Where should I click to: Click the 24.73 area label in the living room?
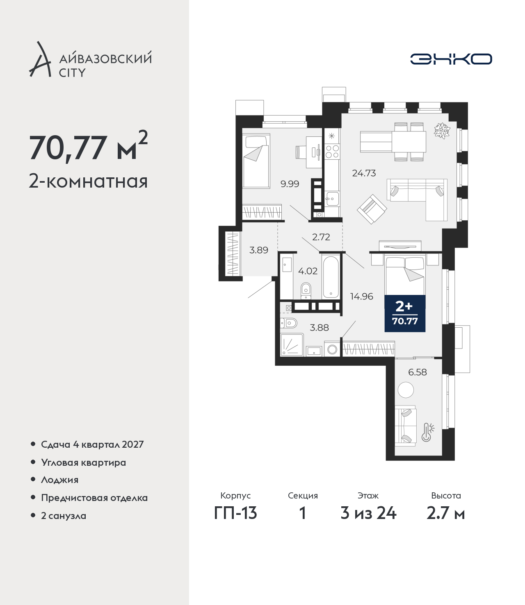[364, 173]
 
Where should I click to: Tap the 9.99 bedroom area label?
[290, 184]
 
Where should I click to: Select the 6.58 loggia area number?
[418, 372]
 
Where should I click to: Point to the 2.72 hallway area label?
[321, 237]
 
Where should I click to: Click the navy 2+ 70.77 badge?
[405, 313]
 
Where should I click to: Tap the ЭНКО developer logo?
[451, 59]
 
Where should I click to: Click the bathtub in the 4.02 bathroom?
[331, 277]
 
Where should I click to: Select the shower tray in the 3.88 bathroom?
[292, 345]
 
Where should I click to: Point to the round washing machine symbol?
[332, 349]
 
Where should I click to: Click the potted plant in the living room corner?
[442, 130]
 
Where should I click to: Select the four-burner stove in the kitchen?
[332, 152]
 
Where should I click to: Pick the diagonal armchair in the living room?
[372, 209]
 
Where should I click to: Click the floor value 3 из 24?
[368, 513]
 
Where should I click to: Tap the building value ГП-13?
[235, 513]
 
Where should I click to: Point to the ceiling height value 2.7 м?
[445, 513]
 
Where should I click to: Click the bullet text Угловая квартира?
[84, 462]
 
